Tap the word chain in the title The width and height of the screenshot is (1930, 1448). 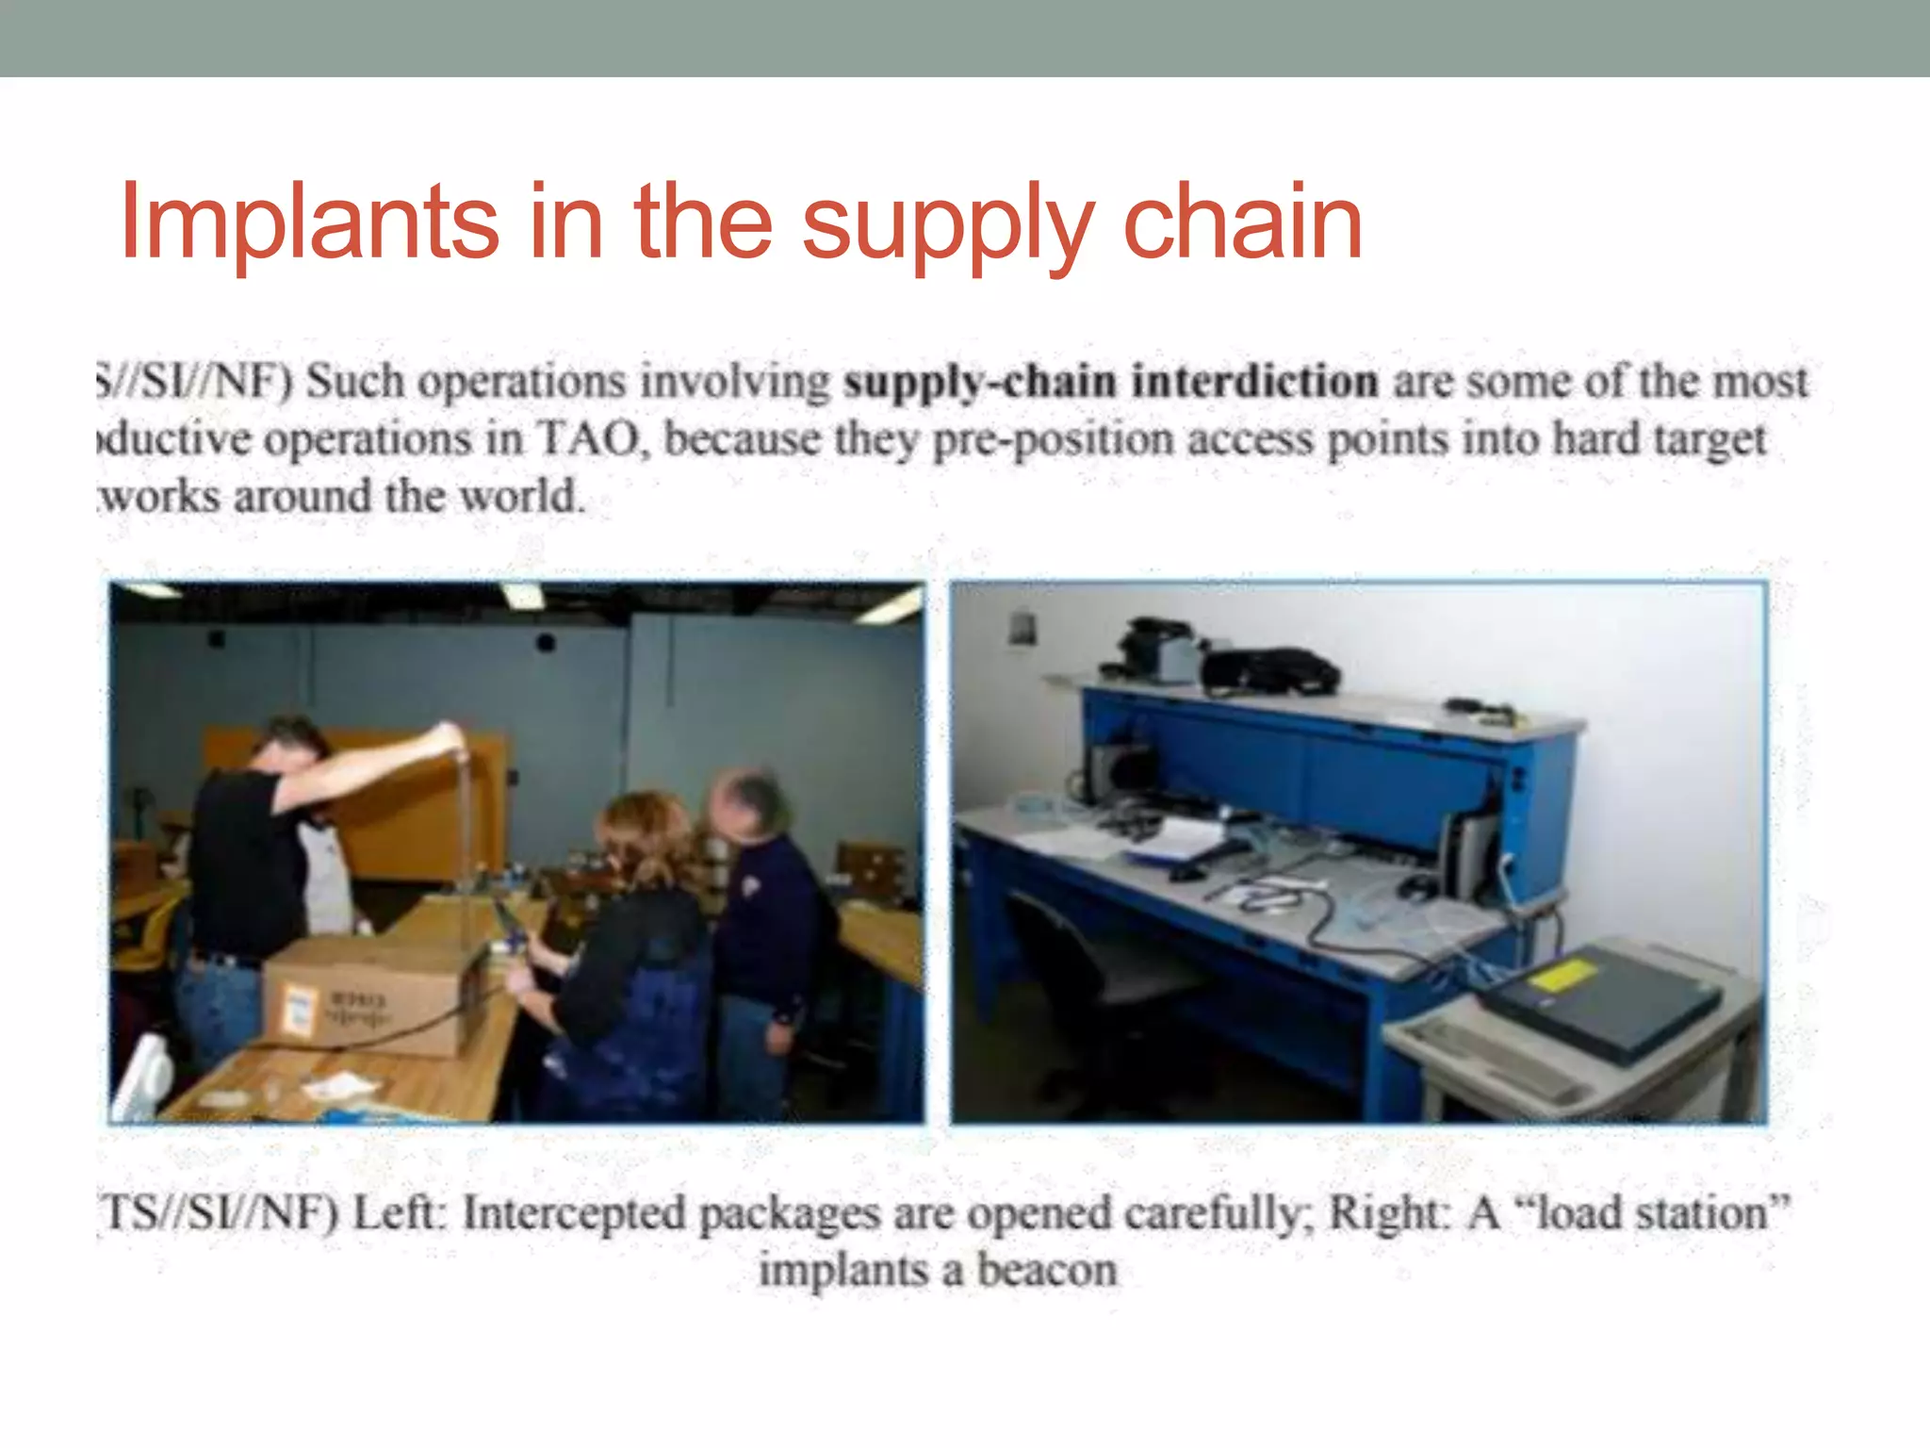tap(1243, 222)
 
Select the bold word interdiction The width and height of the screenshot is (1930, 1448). tap(1254, 382)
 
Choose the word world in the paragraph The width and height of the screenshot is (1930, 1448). tap(521, 496)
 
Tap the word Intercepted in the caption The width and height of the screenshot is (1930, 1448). tap(574, 1213)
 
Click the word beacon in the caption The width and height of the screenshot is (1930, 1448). tap(1047, 1270)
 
